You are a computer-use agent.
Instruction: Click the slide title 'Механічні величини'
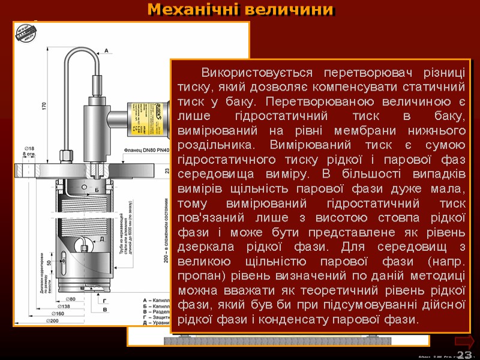click(240, 10)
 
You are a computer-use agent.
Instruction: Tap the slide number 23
click(464, 355)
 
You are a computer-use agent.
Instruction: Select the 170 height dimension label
click(43, 106)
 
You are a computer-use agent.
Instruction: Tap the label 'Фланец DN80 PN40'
click(146, 150)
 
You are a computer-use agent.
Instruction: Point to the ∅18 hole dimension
click(28, 148)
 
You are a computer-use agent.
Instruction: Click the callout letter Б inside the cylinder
click(96, 190)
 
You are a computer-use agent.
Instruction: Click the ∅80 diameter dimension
click(70, 299)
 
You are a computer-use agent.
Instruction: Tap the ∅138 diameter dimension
click(63, 306)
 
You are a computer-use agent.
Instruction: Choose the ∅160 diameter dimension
click(58, 313)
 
